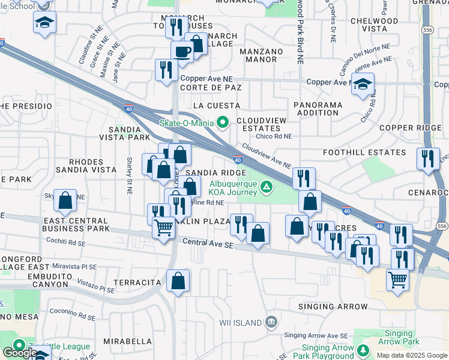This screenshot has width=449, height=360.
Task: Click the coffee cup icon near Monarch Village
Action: pyautogui.click(x=182, y=52)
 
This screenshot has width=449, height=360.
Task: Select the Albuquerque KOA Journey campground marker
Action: pyautogui.click(x=265, y=188)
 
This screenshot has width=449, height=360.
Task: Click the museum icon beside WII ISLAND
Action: pyautogui.click(x=271, y=322)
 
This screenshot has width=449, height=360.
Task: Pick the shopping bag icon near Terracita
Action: pyautogui.click(x=178, y=281)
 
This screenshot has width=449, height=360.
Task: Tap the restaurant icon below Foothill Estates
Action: pyautogui.click(x=427, y=159)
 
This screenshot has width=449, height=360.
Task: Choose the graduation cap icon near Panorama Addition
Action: pyautogui.click(x=363, y=85)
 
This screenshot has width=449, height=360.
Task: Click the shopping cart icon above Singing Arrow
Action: pyautogui.click(x=398, y=279)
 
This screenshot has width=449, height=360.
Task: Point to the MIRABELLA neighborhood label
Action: pyautogui.click(x=127, y=341)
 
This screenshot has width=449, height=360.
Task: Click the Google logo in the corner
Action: pyautogui.click(x=19, y=353)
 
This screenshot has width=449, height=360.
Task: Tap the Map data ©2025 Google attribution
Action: pyautogui.click(x=411, y=355)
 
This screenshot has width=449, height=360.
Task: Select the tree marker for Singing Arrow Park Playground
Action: pyautogui.click(x=363, y=349)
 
